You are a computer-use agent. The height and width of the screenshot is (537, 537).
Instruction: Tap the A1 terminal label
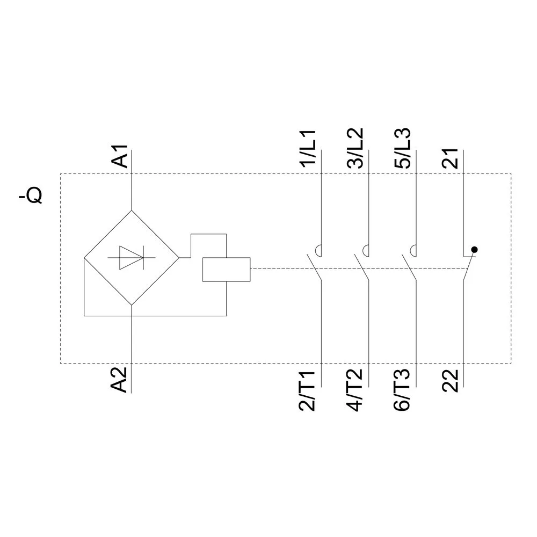[122, 155]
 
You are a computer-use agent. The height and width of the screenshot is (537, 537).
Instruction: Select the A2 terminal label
[122, 379]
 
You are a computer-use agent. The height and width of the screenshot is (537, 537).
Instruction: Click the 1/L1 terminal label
[310, 149]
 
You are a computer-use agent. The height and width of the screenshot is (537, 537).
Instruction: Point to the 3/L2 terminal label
[357, 149]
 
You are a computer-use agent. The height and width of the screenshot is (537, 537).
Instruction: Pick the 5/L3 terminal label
[403, 149]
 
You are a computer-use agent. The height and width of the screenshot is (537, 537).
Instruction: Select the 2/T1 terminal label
[310, 390]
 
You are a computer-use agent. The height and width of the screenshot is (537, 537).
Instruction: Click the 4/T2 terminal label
[357, 390]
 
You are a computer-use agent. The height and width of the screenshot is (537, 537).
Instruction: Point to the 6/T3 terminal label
[403, 390]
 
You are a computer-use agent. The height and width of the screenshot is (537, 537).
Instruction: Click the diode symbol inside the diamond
[131, 257]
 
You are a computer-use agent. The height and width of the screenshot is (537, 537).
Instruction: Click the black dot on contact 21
[474, 250]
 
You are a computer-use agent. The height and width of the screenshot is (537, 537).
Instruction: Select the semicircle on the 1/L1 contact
[318, 250]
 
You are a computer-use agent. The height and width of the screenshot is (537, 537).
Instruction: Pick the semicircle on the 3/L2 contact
[366, 250]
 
